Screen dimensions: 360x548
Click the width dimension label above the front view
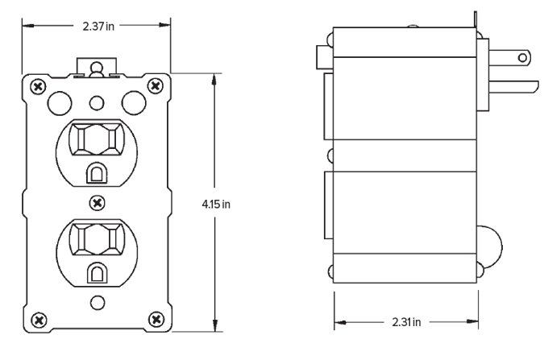[98, 26]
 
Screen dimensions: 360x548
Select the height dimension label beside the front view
[216, 205]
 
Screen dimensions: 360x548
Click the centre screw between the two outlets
[98, 199]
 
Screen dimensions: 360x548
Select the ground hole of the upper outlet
[98, 172]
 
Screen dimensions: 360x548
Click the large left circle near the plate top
[59, 101]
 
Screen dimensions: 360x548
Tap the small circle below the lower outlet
[98, 303]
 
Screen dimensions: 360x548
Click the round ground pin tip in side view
[525, 58]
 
